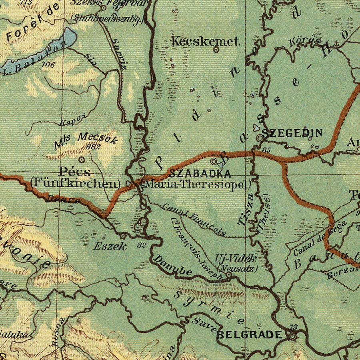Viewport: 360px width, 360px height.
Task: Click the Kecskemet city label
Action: [x=206, y=41]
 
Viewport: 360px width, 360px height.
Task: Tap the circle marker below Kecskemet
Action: [x=216, y=50]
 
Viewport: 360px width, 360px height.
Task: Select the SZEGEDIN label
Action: [x=292, y=134]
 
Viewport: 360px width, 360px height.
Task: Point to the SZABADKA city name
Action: [x=200, y=174]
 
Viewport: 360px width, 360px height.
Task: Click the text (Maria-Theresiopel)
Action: [x=197, y=184]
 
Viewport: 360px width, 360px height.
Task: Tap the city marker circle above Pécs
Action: [x=82, y=160]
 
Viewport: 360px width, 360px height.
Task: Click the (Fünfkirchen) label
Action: [x=76, y=183]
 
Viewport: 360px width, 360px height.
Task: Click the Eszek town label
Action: [x=110, y=246]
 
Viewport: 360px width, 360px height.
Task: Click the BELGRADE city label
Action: [x=249, y=335]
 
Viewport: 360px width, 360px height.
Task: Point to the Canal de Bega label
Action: [x=314, y=240]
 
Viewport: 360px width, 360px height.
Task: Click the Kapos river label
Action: [x=72, y=119]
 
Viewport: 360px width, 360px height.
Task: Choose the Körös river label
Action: [x=305, y=41]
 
